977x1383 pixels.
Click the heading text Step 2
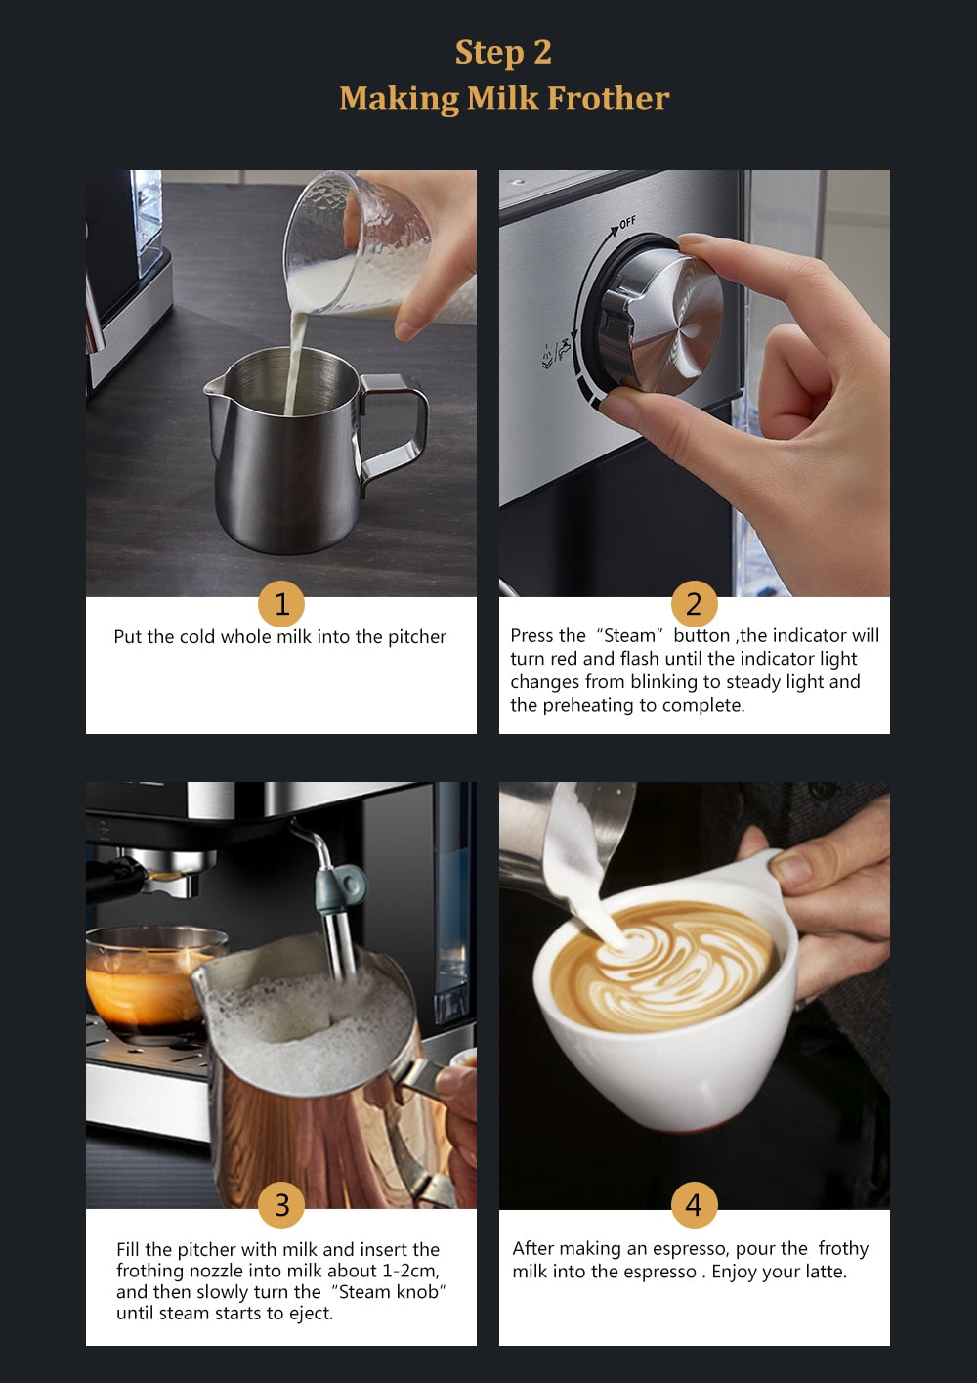(503, 52)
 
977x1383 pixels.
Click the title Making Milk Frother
(503, 99)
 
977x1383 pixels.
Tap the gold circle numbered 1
(281, 604)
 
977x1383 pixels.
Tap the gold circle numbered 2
(694, 604)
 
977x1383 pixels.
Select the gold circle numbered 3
(281, 1204)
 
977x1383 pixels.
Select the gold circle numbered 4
(694, 1204)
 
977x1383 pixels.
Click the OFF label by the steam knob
(626, 223)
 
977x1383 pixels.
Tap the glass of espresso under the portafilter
(147, 977)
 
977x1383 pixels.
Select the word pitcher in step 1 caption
(417, 637)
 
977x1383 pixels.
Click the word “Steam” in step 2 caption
(630, 636)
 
